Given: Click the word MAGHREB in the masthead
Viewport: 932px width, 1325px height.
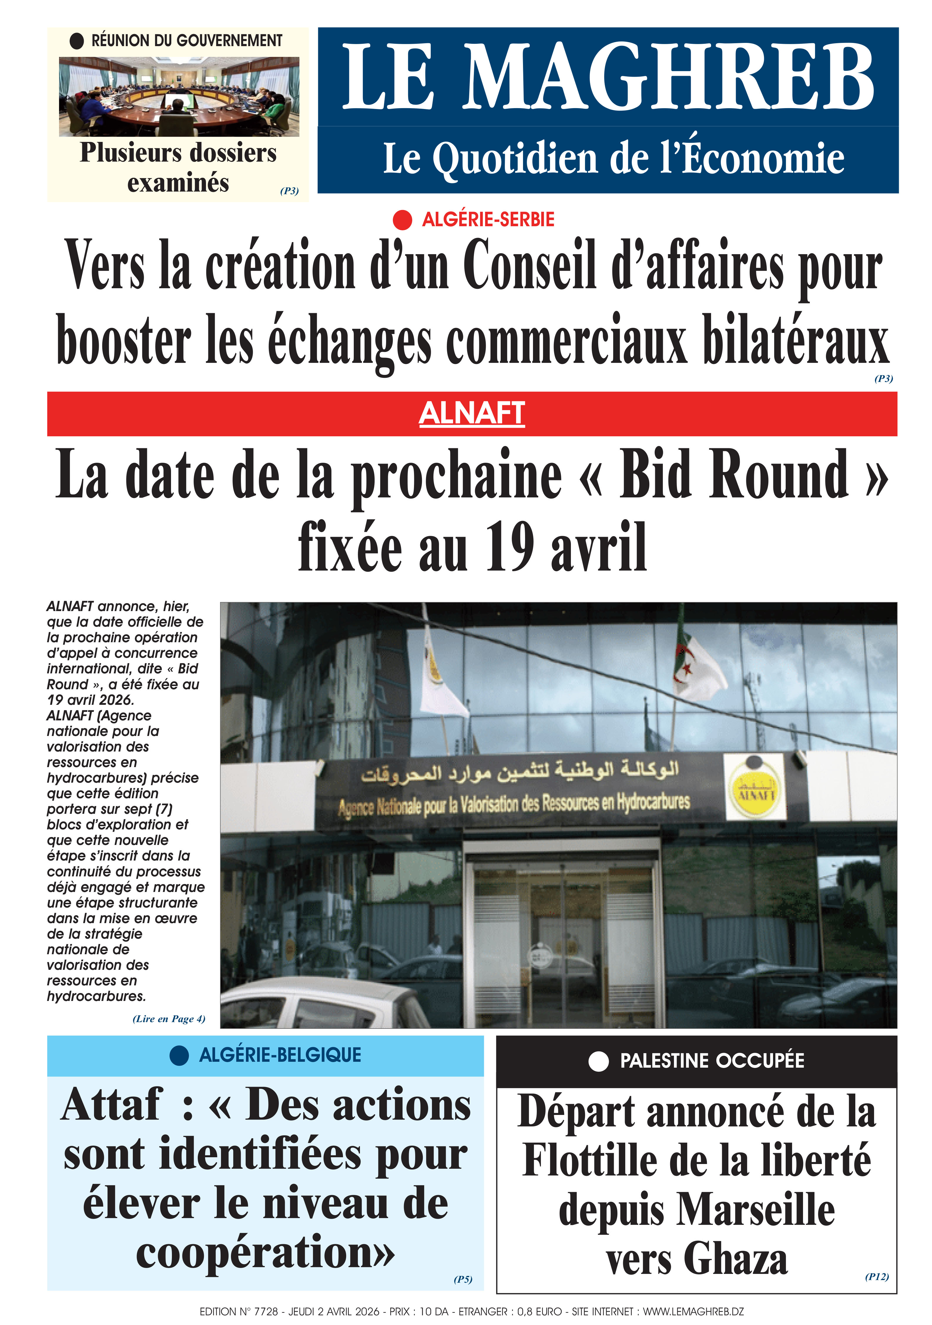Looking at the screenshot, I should click(668, 77).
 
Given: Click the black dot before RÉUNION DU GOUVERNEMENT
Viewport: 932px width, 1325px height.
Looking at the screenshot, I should click(77, 41).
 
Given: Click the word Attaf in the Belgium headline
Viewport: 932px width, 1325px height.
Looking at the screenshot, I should click(112, 1105).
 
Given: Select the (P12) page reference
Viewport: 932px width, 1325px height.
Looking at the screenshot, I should click(876, 1277).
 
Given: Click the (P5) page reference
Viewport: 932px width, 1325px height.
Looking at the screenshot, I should click(463, 1279).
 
